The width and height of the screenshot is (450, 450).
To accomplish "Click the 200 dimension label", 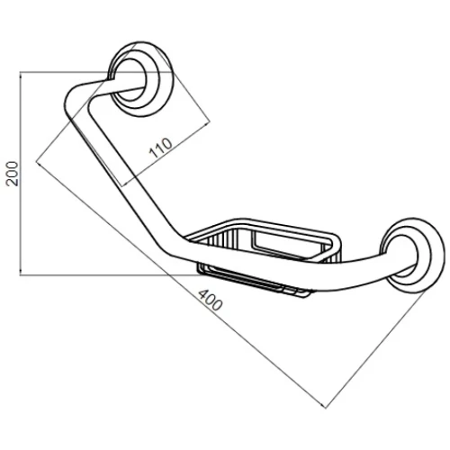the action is point(13,174).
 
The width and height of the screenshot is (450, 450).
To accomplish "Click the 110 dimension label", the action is point(161,148).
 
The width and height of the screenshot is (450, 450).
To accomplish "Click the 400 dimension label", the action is point(211,300).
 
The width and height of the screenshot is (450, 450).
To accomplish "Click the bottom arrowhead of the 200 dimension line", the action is point(20,273).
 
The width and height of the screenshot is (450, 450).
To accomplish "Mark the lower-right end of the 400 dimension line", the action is point(326,408).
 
